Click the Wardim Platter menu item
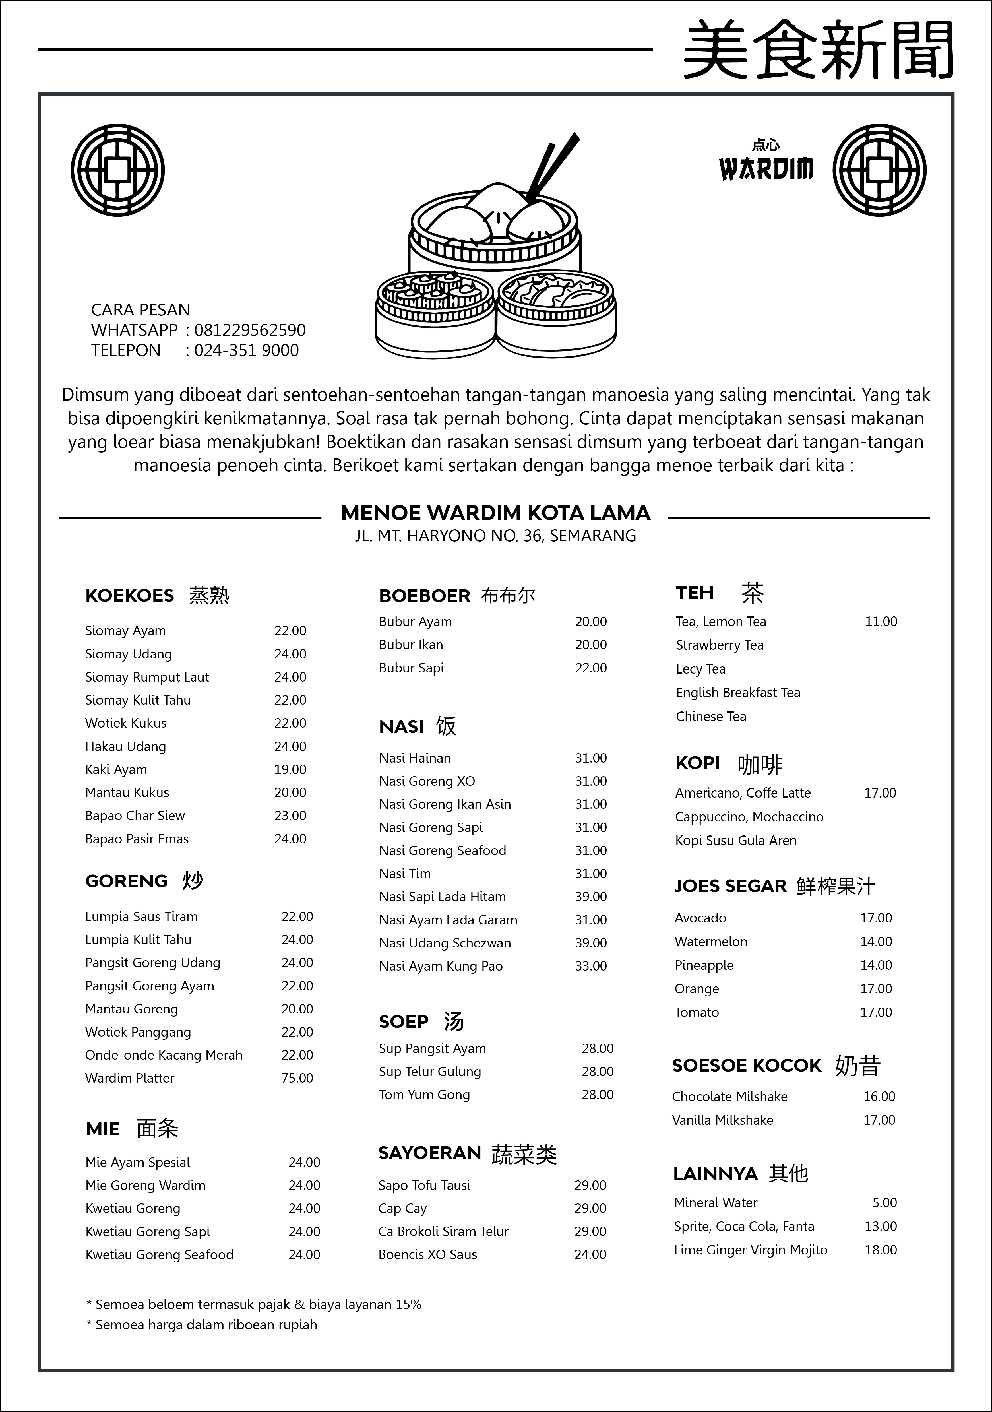(130, 1078)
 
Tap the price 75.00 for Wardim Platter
(297, 1078)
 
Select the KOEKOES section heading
(130, 595)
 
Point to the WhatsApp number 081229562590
(250, 330)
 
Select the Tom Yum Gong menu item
(424, 1095)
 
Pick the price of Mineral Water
(884, 1202)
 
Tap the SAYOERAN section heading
(429, 1153)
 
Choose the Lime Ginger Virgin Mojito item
(750, 1250)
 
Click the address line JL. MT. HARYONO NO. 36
(495, 536)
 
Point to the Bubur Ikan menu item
(411, 645)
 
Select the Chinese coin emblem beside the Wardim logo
(879, 170)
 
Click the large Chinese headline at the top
(818, 49)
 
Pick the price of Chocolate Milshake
(879, 1097)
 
